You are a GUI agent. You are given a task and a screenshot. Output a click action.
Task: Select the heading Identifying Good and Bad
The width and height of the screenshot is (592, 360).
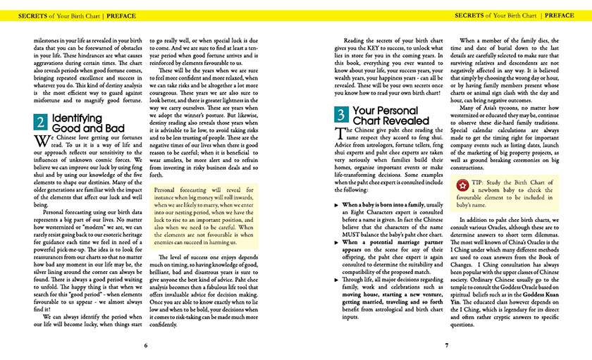[x=78, y=123]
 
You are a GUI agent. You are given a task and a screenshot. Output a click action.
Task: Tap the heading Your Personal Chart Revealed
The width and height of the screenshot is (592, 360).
[x=386, y=116]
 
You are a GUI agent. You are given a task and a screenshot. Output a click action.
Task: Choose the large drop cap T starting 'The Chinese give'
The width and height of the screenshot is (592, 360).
[x=340, y=134]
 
